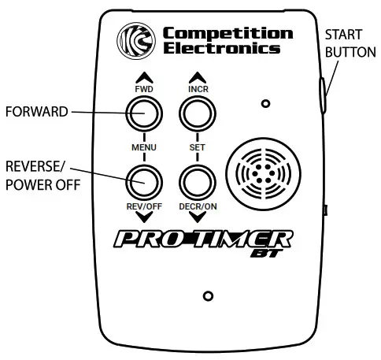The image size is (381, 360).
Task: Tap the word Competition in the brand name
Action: pos(227,33)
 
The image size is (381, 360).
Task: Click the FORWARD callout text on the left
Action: pos(38,112)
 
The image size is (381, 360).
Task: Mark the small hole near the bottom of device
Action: pos(208,295)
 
